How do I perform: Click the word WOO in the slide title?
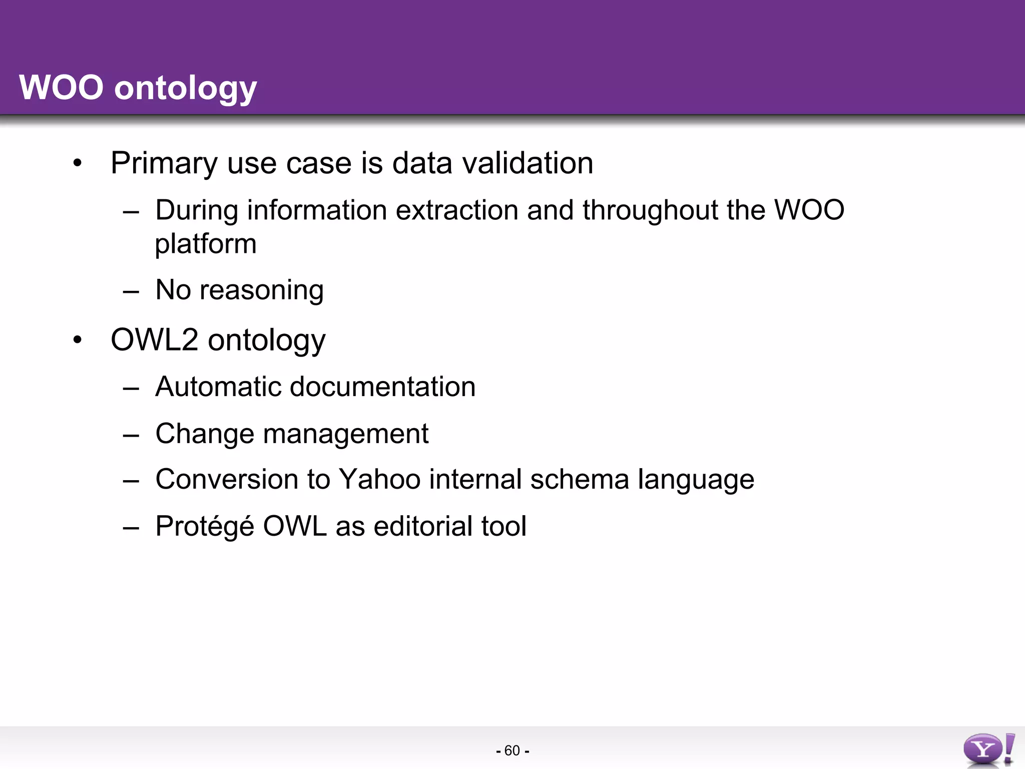point(61,88)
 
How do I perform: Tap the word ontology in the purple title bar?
point(185,89)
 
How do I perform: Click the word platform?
point(206,244)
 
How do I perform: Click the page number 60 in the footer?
point(512,750)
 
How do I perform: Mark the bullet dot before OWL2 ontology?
point(77,340)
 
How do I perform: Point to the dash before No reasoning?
point(131,291)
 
